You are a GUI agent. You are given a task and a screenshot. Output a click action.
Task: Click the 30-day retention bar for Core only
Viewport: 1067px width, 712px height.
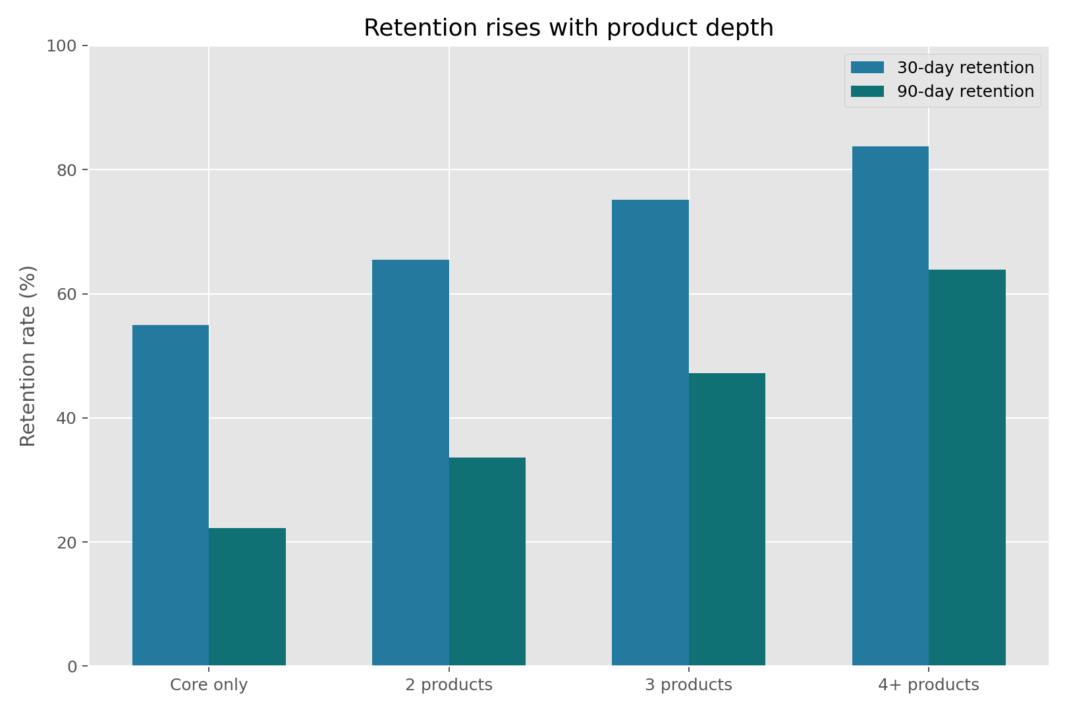pos(171,495)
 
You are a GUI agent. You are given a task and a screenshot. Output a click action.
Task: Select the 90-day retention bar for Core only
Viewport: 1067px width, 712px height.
pos(247,597)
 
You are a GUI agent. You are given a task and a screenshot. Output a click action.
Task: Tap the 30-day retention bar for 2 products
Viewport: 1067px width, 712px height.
pos(410,462)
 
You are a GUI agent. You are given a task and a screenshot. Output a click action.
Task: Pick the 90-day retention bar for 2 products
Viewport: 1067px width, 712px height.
pos(487,561)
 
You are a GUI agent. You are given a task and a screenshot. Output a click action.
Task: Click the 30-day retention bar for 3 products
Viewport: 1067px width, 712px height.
pos(650,432)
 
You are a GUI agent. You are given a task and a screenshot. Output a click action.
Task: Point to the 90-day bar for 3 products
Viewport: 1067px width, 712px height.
pos(727,519)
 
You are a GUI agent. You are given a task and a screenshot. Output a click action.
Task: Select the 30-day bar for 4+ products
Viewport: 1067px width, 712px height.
pos(890,405)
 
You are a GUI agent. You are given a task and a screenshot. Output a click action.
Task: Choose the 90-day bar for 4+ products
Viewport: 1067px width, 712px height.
pos(967,467)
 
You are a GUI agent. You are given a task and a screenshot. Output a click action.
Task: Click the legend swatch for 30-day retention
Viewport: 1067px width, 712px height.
pos(867,68)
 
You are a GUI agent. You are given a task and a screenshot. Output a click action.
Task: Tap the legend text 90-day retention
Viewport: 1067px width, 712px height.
pos(966,92)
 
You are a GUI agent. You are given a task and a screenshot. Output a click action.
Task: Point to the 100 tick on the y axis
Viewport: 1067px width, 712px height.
pos(63,46)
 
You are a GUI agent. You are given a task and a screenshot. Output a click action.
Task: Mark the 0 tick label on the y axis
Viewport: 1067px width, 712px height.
pos(72,667)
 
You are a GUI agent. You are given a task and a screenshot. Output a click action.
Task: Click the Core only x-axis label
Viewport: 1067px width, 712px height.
pos(209,685)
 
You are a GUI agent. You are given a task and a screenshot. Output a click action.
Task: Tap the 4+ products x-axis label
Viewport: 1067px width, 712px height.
pos(929,685)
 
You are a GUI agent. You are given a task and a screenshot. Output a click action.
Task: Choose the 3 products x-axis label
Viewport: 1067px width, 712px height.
pos(688,685)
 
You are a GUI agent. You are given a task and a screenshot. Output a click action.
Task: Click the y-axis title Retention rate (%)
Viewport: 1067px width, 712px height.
pos(28,356)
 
